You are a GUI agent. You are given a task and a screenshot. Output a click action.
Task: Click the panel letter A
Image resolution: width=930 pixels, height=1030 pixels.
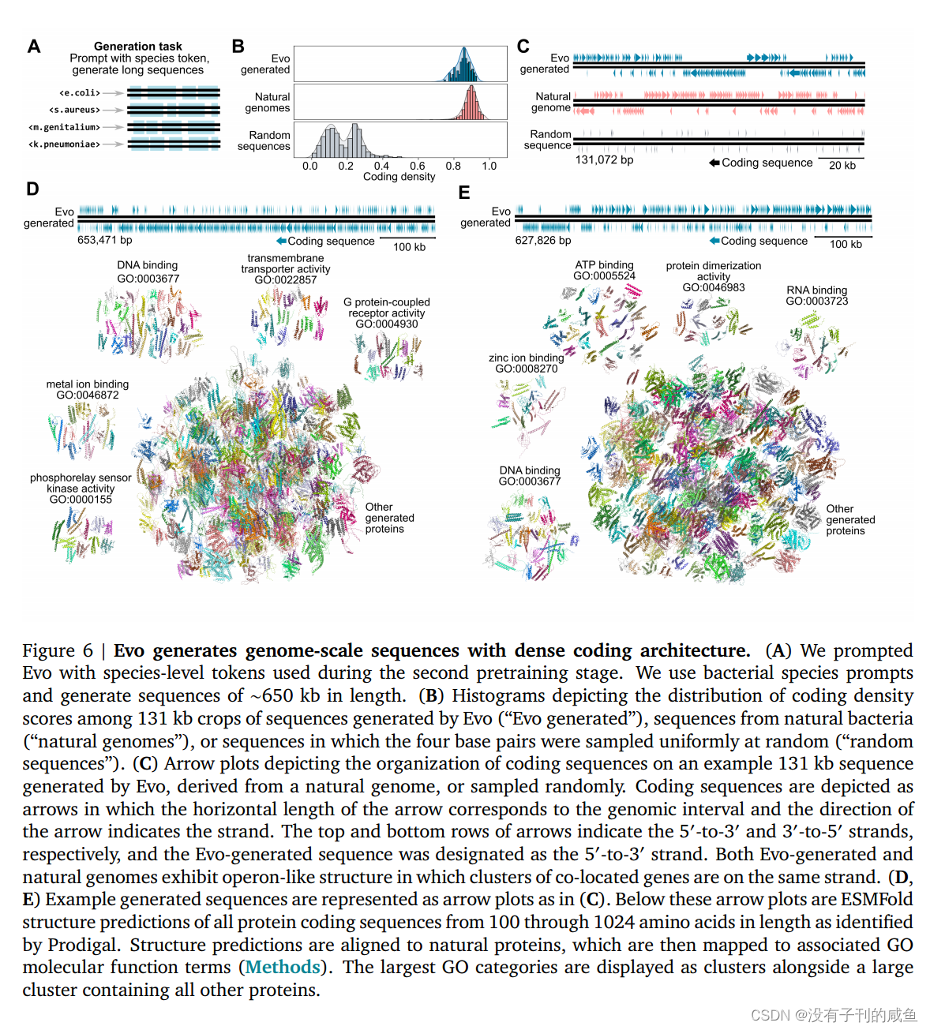coord(34,47)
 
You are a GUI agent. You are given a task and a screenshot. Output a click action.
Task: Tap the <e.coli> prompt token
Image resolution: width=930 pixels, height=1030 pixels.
coord(80,93)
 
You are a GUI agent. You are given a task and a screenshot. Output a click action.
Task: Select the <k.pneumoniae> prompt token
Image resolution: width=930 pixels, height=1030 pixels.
coord(65,144)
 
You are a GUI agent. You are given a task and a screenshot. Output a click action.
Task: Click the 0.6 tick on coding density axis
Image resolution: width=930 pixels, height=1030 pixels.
coord(418,166)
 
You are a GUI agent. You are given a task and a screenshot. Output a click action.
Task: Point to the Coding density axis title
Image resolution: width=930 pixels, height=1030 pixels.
coord(399,177)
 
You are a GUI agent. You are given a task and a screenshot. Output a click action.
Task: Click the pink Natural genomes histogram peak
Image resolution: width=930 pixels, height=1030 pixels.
coord(471,103)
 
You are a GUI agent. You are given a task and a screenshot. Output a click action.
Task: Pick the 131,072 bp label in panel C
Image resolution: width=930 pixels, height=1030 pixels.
coord(604,159)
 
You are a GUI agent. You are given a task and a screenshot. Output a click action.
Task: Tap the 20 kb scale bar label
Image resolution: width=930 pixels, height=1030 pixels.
coord(842,165)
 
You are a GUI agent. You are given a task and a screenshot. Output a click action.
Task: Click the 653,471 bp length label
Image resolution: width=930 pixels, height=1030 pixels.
coord(104,240)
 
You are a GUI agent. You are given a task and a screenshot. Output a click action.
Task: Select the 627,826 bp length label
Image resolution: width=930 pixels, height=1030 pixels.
coord(542,240)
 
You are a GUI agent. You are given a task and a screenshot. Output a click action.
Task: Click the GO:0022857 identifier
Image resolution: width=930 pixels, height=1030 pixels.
coord(285,279)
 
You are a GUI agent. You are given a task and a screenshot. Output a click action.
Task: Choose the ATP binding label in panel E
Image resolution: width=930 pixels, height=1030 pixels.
coord(604,265)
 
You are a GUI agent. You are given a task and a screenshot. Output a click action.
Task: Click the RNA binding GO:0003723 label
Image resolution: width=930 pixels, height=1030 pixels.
coord(816,295)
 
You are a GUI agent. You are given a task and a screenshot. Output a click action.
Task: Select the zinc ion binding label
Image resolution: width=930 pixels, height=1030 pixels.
coord(526,358)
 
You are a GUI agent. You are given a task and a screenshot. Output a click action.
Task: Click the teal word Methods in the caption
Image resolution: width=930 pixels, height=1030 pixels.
coord(283,967)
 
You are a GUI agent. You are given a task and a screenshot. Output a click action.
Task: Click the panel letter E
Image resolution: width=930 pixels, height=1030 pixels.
coord(464,193)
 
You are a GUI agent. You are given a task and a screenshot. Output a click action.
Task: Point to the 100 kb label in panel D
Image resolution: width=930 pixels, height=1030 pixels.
coord(409,247)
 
